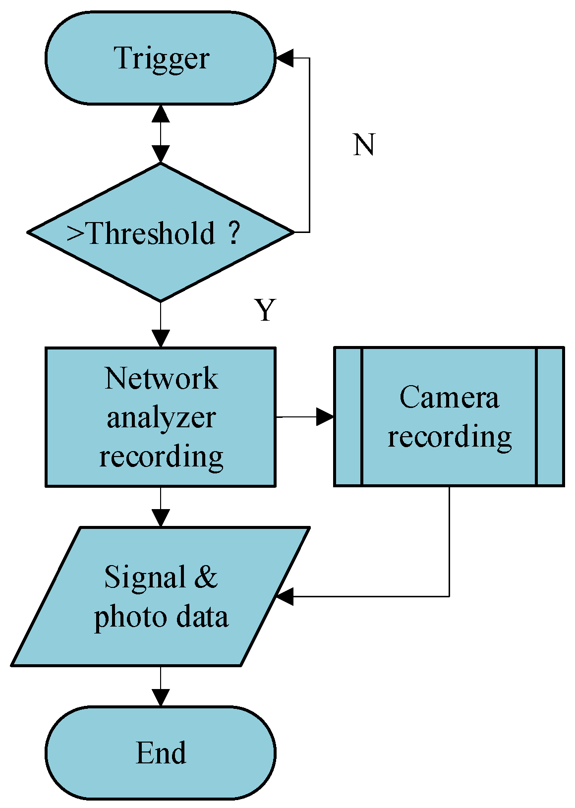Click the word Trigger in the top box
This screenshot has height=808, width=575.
point(162,58)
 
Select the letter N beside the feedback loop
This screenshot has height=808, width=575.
point(363,145)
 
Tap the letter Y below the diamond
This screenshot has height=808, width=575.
point(265,311)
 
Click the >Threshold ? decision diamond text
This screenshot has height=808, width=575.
point(154,232)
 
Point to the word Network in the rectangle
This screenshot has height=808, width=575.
point(161,379)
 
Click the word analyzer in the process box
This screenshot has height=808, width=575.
point(161,418)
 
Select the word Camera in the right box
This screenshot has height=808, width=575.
point(449,398)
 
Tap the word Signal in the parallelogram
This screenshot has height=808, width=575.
point(145,577)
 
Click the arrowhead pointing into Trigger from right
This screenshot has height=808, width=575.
point(285,58)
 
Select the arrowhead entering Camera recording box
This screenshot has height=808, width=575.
point(325,417)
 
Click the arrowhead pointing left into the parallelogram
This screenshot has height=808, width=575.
point(285,596)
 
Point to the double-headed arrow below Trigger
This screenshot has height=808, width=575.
point(161,134)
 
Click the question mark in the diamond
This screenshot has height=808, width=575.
point(234,232)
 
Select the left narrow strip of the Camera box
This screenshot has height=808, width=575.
point(348,416)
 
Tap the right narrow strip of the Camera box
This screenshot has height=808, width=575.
point(550,416)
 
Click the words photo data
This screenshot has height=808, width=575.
point(161,617)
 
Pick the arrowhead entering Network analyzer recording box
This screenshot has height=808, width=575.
point(161,339)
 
